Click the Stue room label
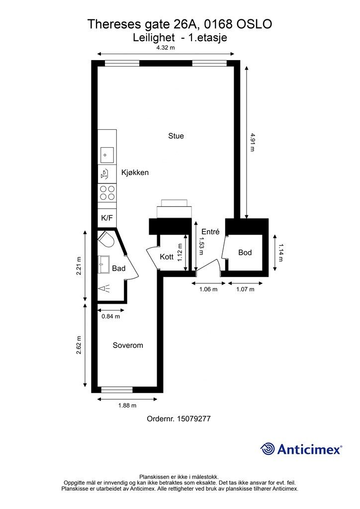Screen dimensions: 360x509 [176, 136]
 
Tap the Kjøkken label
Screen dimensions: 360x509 [135, 172]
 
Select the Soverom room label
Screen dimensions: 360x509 [128, 345]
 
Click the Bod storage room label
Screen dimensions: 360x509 [245, 252]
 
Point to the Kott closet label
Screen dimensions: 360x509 [167, 257]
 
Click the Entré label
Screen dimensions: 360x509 [210, 232]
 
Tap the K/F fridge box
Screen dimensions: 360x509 [107, 218]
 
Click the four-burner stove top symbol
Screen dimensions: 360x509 [107, 192]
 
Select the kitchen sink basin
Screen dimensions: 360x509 [107, 155]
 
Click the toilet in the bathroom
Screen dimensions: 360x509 [106, 239]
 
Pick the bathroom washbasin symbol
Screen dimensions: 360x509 [103, 264]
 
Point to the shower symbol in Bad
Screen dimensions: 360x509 [104, 288]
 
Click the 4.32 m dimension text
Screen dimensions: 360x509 [166, 47]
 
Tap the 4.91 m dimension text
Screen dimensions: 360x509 [252, 142]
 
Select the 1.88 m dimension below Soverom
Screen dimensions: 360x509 [127, 405]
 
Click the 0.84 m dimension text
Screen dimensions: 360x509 [111, 316]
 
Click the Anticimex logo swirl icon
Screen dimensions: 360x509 [268, 449]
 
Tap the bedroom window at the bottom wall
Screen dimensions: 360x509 [117, 390]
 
